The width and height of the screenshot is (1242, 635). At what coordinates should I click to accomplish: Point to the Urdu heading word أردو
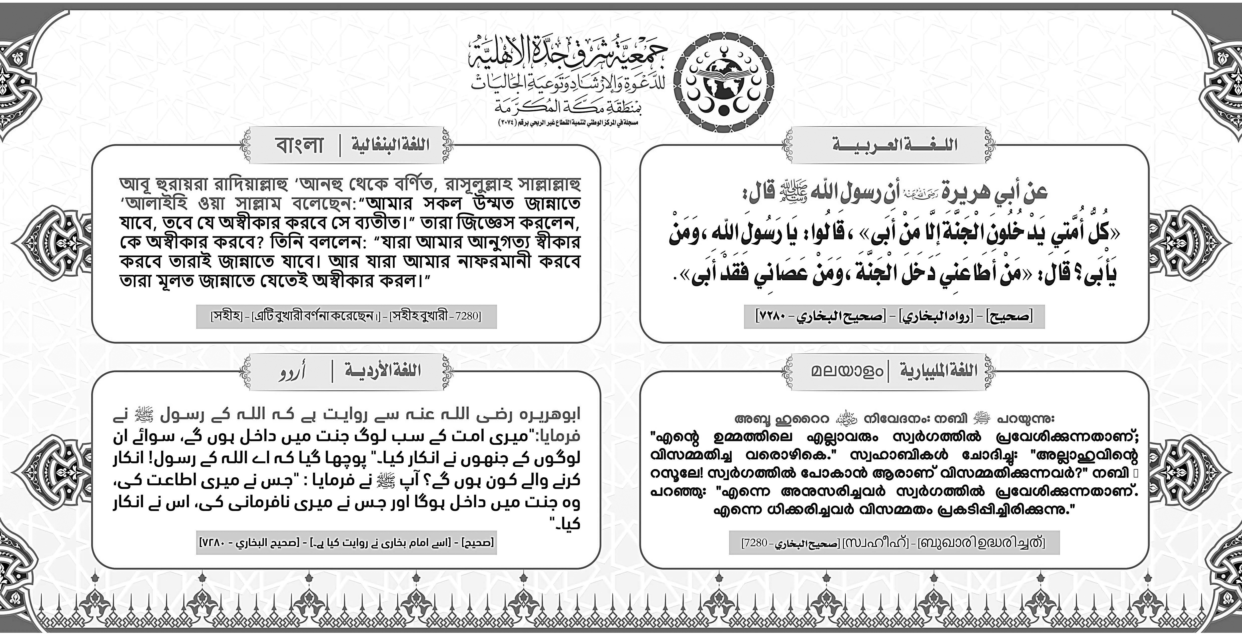[292, 372]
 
